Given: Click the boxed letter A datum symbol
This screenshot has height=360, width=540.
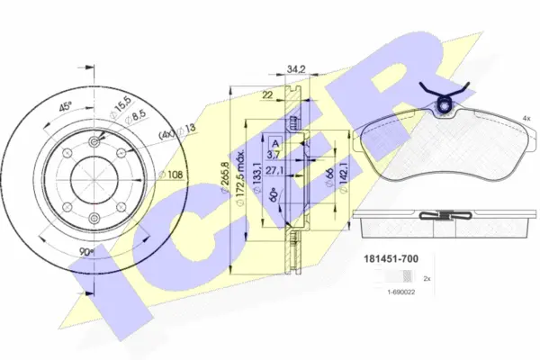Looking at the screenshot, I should coord(274,141).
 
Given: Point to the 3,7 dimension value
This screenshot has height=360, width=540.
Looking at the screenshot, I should coord(274,156).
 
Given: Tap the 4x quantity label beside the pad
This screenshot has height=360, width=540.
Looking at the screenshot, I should coord(525,119).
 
